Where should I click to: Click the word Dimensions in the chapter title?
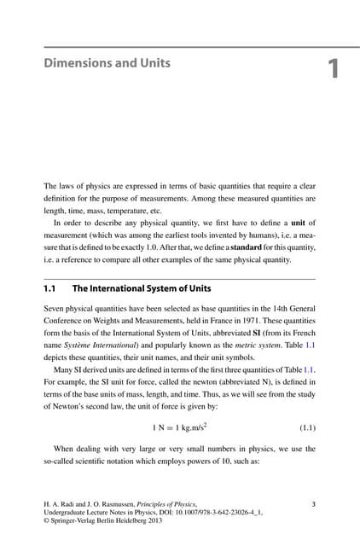[74, 62]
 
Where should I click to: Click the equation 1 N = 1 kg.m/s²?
[179, 422]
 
